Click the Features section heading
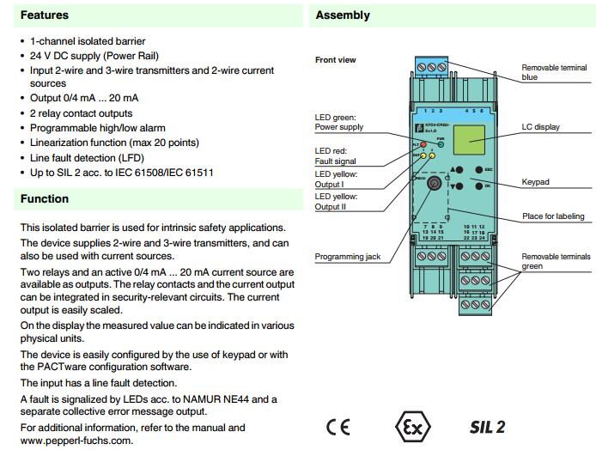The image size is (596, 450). [x=44, y=15]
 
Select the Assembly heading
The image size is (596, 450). [x=343, y=15]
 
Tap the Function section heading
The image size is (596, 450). [x=44, y=199]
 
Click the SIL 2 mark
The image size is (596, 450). [x=487, y=427]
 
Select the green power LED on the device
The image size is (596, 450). [x=441, y=146]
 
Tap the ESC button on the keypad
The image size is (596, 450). [x=476, y=169]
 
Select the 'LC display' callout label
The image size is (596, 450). [x=541, y=127]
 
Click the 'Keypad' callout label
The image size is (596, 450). [x=536, y=182]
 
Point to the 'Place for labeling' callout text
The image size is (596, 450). [x=553, y=216]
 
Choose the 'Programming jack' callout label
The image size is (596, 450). [x=346, y=256]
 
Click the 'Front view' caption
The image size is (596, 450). [x=335, y=60]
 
